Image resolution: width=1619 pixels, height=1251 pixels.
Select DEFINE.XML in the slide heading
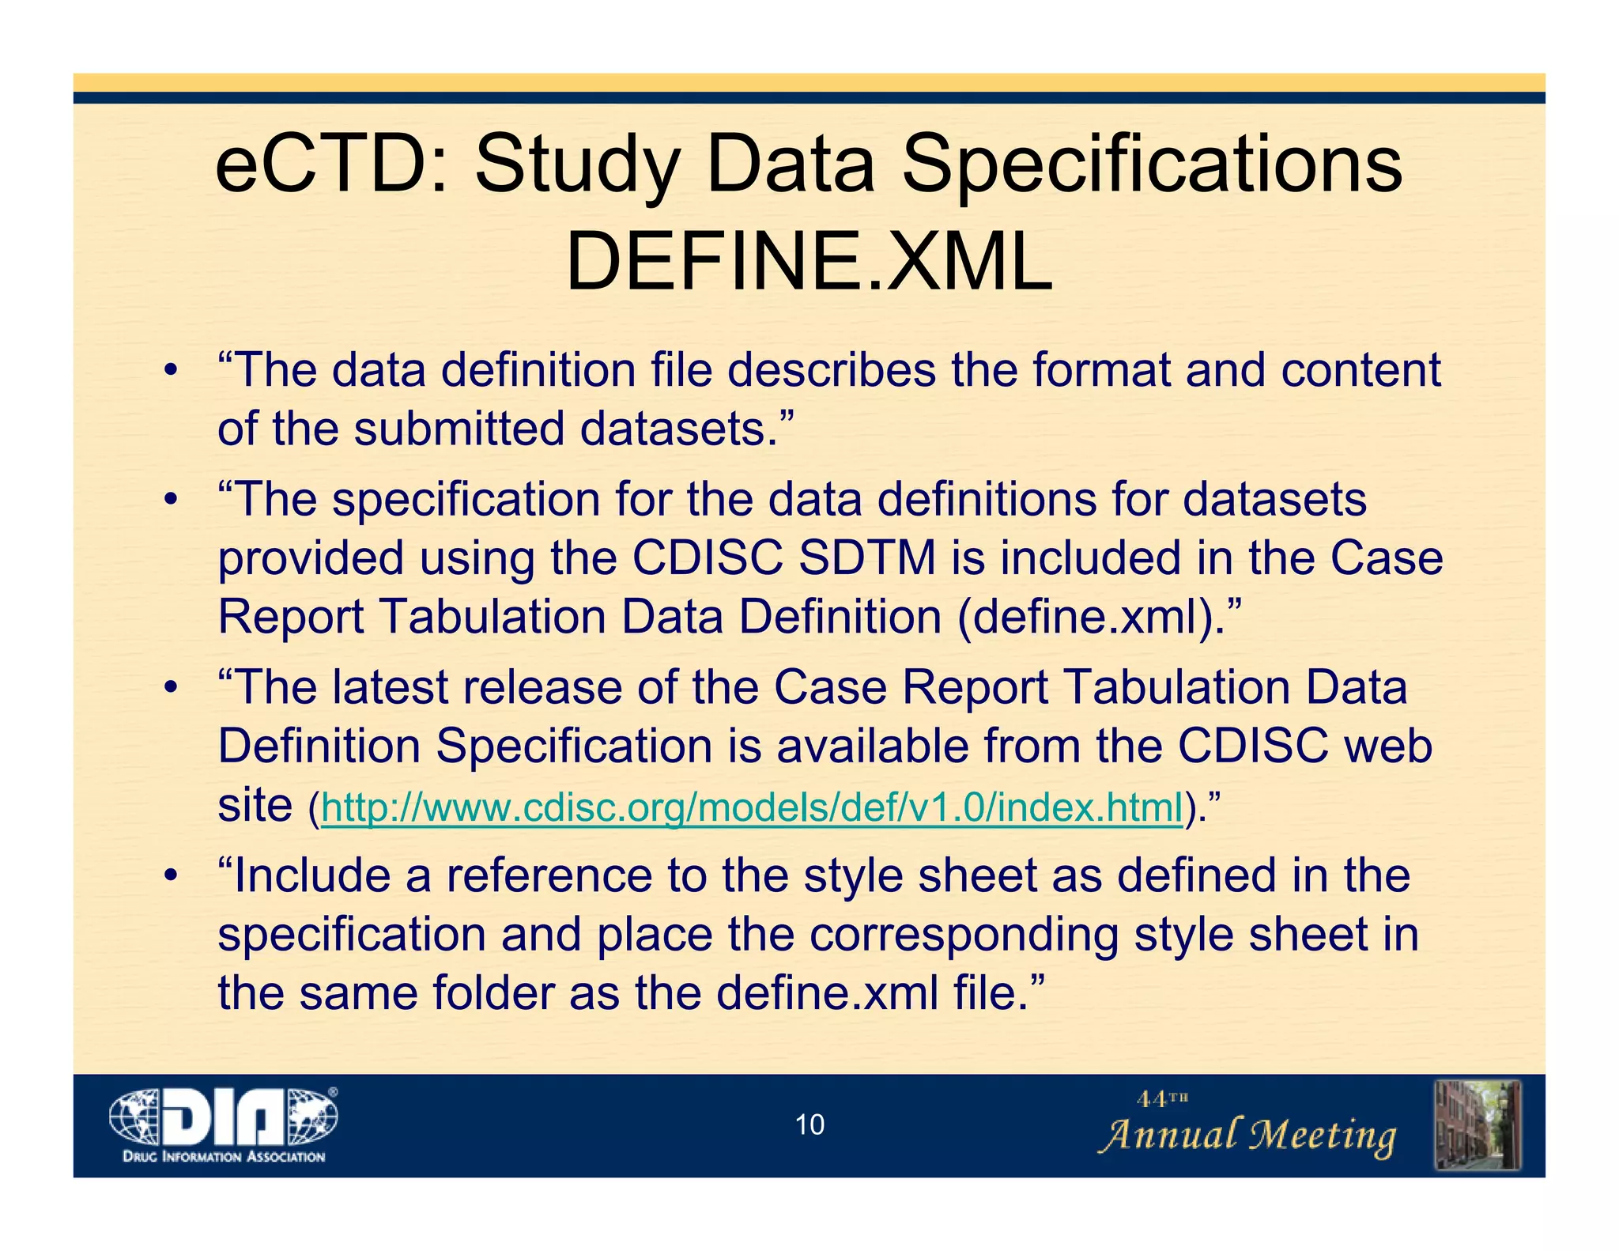click(x=809, y=262)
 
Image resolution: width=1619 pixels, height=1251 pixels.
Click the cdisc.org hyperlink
click(x=752, y=807)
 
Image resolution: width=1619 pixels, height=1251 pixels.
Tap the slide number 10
click(x=809, y=1124)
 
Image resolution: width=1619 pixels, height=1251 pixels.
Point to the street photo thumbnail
click(x=1477, y=1124)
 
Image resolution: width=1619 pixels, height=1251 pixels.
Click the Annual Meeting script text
click(x=1247, y=1136)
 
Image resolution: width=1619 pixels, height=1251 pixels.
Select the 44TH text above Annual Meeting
click(x=1162, y=1098)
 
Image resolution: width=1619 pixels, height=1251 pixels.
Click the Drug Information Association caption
click(x=224, y=1157)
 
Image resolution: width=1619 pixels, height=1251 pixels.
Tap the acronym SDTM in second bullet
click(x=867, y=557)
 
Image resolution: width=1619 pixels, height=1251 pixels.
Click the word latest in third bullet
click(x=390, y=686)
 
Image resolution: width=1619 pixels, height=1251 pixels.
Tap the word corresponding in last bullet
click(x=964, y=934)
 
